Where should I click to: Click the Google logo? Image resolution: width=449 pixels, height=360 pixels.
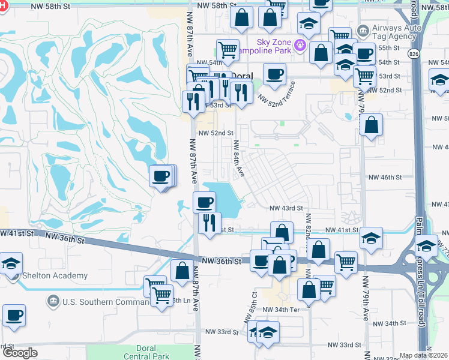click(x=20, y=353)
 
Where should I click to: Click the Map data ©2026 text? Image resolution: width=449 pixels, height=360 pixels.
click(x=424, y=355)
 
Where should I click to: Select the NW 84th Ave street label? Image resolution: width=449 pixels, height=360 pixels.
click(x=239, y=158)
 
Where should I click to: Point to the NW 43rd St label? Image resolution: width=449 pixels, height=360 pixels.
click(x=286, y=208)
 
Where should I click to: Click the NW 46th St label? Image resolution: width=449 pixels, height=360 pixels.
click(x=385, y=178)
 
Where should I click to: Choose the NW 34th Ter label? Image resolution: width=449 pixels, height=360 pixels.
click(x=294, y=309)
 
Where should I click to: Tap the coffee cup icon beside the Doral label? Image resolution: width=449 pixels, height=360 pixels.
click(x=274, y=74)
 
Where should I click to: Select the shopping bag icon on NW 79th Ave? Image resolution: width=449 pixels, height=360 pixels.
click(x=372, y=125)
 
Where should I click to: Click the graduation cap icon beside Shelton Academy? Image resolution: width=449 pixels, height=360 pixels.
click(x=10, y=263)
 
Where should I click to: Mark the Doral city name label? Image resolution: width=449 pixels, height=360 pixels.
click(x=243, y=77)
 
